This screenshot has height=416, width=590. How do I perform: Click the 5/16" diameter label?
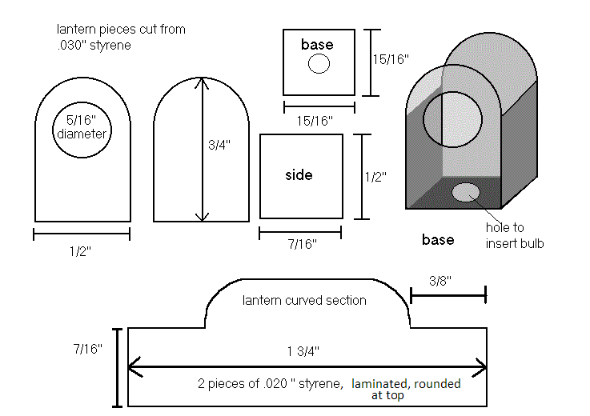point(82,127)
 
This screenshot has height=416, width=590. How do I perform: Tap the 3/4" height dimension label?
point(219,145)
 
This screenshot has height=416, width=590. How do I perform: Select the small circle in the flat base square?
point(319,63)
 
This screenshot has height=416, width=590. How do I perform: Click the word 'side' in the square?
point(299,175)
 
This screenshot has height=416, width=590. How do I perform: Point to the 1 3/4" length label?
point(303,351)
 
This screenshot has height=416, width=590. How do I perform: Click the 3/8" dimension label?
point(439,281)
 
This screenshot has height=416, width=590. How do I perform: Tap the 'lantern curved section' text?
point(304,300)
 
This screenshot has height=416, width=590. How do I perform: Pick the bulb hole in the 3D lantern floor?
point(465,192)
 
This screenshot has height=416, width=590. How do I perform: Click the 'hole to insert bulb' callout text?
point(515,235)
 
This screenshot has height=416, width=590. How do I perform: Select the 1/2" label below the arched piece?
point(80,251)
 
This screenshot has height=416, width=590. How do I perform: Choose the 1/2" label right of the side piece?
point(375,177)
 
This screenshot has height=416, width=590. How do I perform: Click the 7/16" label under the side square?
point(302,244)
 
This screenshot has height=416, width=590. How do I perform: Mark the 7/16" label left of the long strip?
point(88,349)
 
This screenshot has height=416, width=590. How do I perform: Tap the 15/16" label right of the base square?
point(391,59)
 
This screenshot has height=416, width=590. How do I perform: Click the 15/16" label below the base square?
point(315,121)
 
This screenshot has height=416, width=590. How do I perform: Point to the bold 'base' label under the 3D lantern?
point(438,239)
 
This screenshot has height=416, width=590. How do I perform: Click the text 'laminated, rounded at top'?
point(406,390)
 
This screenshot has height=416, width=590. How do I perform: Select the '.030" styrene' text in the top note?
point(94,45)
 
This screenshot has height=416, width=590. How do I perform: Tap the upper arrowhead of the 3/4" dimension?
point(202,82)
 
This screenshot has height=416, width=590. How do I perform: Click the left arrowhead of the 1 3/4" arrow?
point(134,366)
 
